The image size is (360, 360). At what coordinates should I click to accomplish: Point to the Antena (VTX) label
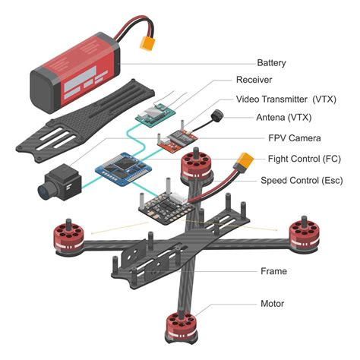[x=281, y=117]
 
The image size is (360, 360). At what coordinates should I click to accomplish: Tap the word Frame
[x=273, y=271]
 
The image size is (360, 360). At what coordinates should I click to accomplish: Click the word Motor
[x=272, y=304]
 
